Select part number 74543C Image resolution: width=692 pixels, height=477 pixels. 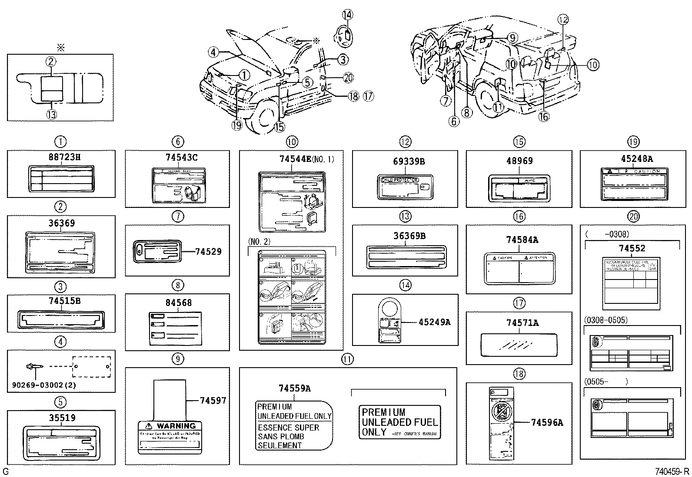[x=177, y=158]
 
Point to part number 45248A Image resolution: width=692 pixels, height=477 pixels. [x=637, y=159]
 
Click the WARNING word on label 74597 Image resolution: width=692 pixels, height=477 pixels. [x=176, y=426]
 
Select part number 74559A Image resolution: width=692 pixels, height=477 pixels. [x=294, y=388]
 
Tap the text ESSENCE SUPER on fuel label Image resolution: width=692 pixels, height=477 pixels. [x=288, y=428]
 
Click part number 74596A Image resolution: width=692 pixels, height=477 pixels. [x=546, y=422]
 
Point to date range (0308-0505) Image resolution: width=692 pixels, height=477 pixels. [x=606, y=320]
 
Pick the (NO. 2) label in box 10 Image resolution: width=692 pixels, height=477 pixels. [x=259, y=241]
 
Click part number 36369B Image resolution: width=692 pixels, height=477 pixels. [x=409, y=236]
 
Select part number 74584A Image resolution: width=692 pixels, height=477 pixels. [x=522, y=240]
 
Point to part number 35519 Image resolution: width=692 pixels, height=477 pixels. [x=61, y=418]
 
